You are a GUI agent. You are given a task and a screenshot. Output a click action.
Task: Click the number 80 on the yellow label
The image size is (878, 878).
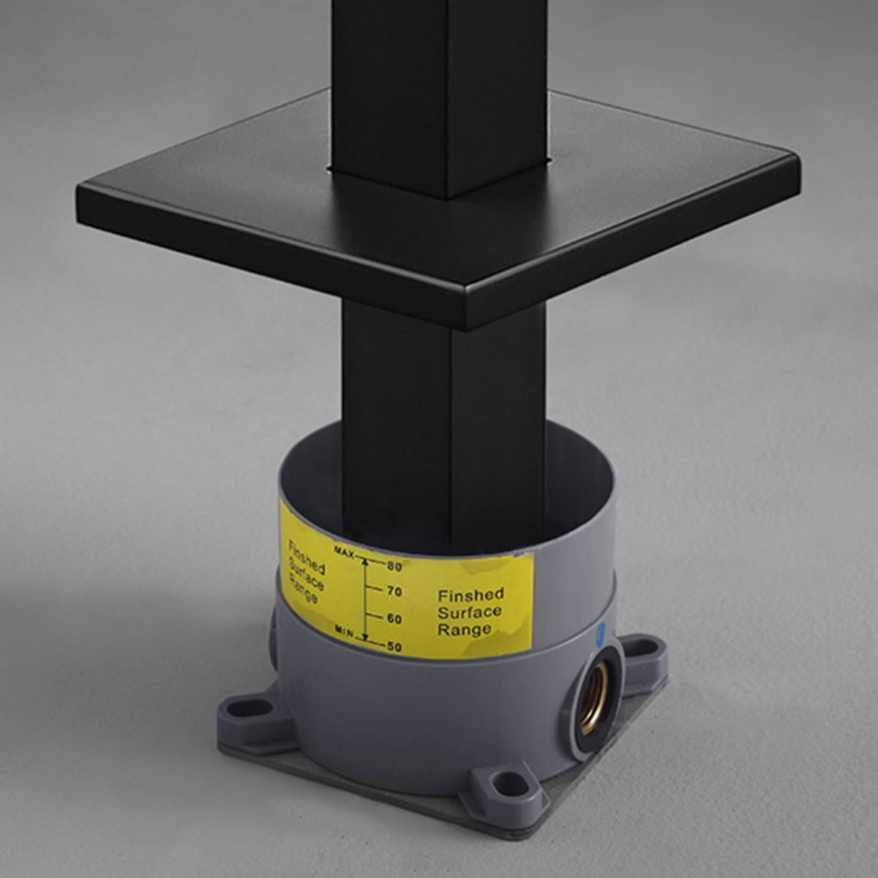pos(394,566)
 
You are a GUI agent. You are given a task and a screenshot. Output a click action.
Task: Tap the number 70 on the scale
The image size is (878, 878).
pos(394,592)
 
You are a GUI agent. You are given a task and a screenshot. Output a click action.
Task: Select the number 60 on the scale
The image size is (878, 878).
pos(394,619)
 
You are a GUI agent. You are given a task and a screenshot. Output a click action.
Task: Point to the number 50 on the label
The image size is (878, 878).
pos(394,647)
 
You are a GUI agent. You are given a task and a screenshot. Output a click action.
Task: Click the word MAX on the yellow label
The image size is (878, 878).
pos(345,552)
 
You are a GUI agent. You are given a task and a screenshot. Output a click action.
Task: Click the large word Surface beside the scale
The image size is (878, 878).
pos(470,612)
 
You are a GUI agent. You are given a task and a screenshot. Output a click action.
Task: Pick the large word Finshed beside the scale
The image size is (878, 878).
pos(471,595)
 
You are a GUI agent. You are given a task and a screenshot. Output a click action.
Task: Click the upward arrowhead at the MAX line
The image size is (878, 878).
pos(364,562)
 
